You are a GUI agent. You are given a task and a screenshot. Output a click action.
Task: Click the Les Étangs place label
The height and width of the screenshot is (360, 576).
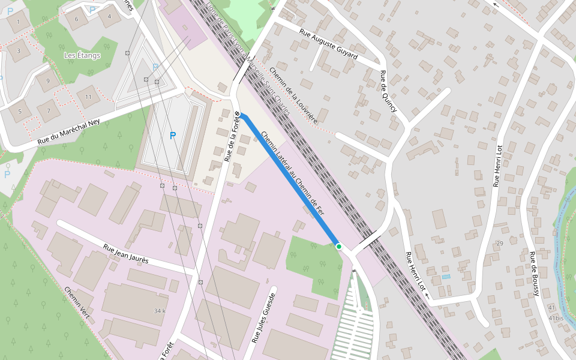pyautogui.click(x=82, y=55)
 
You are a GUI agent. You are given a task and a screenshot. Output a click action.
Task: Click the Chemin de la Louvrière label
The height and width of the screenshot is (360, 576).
pyautogui.click(x=293, y=95)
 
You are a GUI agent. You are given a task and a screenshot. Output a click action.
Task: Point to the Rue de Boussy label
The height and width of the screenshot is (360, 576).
pyautogui.click(x=533, y=274)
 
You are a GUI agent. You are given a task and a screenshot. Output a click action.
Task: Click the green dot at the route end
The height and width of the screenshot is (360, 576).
pyautogui.click(x=339, y=246)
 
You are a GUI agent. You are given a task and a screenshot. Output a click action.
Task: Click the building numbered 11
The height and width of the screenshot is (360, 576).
pyautogui.click(x=88, y=97)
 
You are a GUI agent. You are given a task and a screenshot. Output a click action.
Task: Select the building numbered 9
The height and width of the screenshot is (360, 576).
pyautogui.click(x=47, y=81)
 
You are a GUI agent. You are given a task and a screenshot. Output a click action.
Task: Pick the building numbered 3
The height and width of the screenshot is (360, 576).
pyautogui.click(x=19, y=50)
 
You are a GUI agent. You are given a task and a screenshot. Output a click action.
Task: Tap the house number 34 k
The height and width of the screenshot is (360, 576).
pyautogui.click(x=159, y=311)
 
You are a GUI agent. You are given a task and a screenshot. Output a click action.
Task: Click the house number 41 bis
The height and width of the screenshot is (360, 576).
pyautogui.click(x=555, y=317)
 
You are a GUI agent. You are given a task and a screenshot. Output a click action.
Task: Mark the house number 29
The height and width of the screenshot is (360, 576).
pyautogui.click(x=499, y=243)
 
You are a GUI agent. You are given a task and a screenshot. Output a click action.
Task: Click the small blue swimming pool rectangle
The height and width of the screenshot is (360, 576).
pyautogui.click(x=445, y=277)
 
